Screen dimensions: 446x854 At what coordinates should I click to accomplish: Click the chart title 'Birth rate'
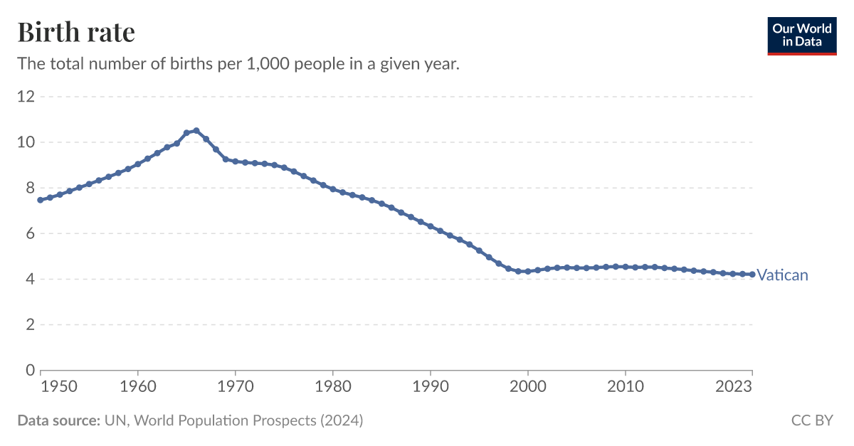tap(76, 33)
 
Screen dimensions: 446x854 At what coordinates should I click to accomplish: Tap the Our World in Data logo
tap(802, 36)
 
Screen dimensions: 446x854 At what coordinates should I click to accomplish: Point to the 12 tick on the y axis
tap(26, 97)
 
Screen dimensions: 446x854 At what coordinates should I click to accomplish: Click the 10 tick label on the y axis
tap(26, 142)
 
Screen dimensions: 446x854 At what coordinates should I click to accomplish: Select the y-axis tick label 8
tap(30, 188)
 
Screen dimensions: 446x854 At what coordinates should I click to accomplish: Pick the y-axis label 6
tap(30, 233)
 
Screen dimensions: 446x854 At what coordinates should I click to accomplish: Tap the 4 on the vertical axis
tap(30, 279)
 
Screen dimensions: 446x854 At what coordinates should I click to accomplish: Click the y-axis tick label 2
tap(30, 324)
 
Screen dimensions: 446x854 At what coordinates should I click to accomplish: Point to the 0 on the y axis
tap(30, 370)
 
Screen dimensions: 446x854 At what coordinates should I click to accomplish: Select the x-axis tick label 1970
tap(235, 386)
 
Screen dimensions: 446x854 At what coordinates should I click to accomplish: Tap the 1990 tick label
tap(430, 386)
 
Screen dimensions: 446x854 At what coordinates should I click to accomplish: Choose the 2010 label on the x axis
tap(625, 386)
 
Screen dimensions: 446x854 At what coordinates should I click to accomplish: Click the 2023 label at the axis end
tap(734, 386)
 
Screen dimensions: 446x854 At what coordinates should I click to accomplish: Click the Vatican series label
tap(782, 275)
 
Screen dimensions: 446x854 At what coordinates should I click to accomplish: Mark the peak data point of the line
tap(196, 131)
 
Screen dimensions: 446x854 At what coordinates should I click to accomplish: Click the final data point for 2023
tap(752, 275)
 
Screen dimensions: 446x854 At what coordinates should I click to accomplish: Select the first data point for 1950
tap(41, 200)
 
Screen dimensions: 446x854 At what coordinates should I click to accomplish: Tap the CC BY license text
tap(812, 420)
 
